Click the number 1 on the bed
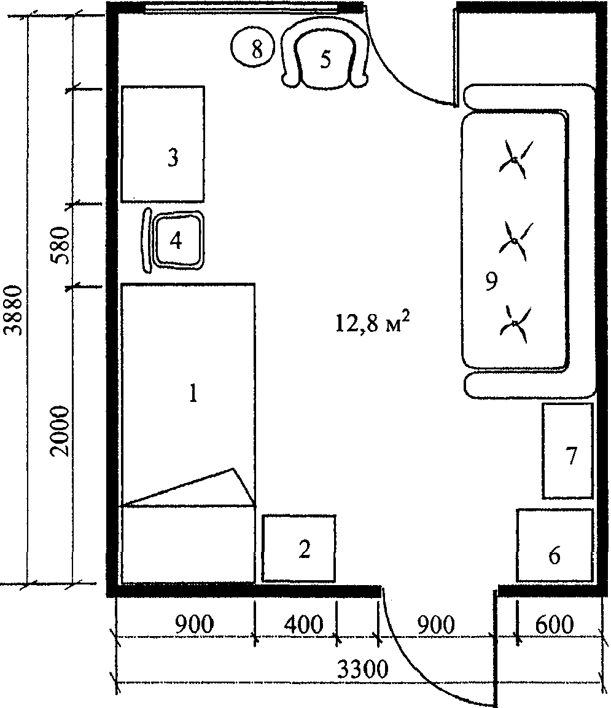click(x=193, y=393)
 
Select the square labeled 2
click(x=298, y=548)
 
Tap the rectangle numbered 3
click(x=163, y=144)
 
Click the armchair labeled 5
click(x=324, y=55)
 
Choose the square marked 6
click(x=554, y=545)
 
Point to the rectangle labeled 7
click(x=567, y=450)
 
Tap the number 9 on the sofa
click(x=491, y=281)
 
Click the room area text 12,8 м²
click(x=373, y=322)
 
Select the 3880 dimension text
click(x=13, y=310)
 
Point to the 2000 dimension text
click(x=60, y=431)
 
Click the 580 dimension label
click(x=61, y=246)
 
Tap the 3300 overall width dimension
click(x=363, y=670)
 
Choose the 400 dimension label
click(x=304, y=625)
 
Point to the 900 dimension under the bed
click(x=195, y=625)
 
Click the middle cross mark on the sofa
click(x=515, y=241)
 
